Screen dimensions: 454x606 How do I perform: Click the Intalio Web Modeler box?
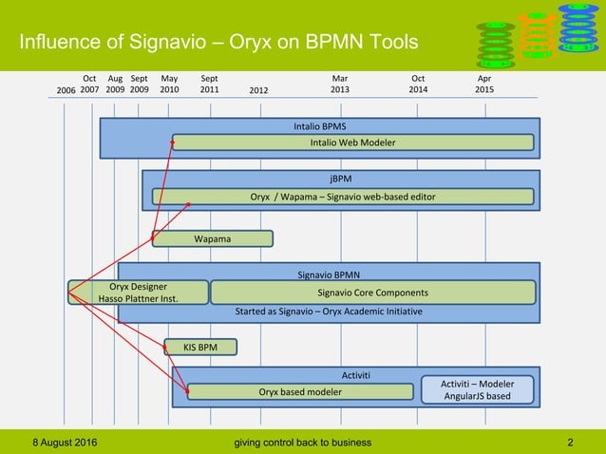(352, 142)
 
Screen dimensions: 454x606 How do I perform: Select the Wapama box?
(213, 238)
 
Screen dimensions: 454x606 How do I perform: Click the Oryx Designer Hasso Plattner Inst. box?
(139, 292)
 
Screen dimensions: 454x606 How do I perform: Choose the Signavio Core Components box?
(372, 292)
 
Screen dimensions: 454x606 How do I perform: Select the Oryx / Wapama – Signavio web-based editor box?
(343, 197)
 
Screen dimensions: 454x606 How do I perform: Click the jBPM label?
(340, 178)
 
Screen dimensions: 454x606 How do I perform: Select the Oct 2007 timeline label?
(89, 84)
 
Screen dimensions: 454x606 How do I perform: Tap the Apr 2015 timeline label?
(483, 84)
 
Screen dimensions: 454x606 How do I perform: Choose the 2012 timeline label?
(259, 90)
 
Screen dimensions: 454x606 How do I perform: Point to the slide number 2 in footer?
(569, 442)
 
